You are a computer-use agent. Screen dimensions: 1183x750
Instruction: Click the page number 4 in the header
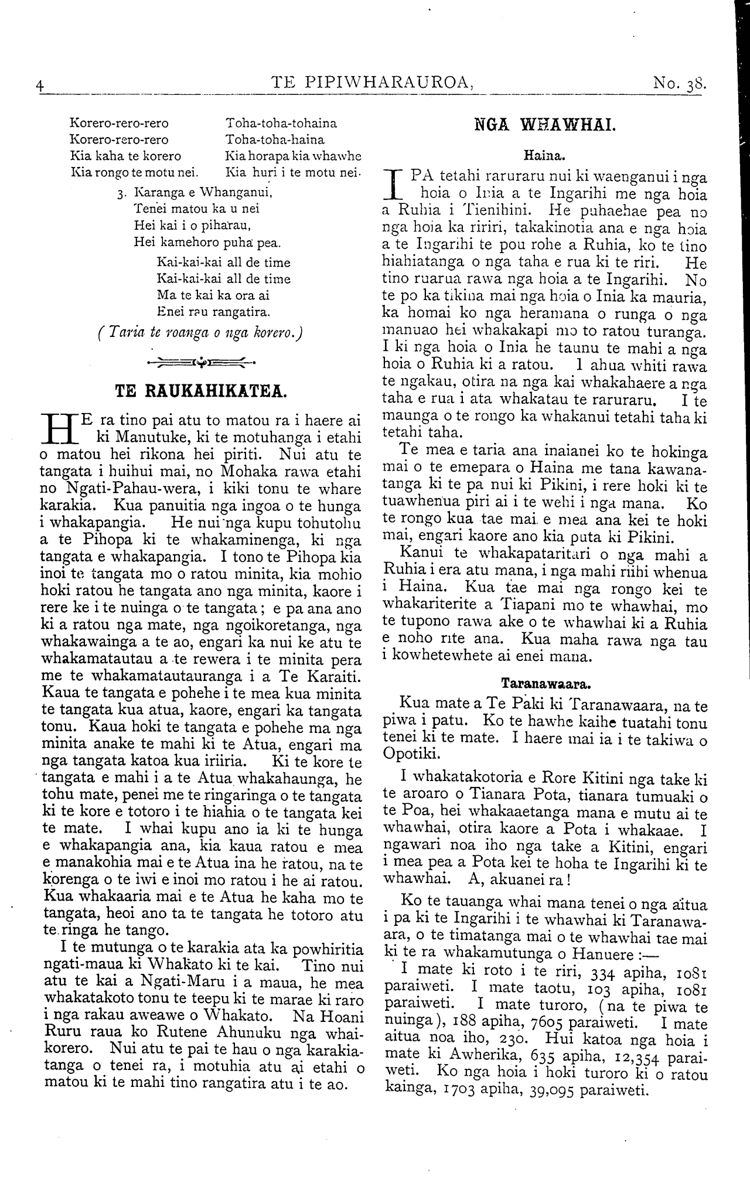[x=40, y=84]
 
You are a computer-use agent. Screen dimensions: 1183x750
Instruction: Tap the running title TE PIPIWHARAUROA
[x=373, y=83]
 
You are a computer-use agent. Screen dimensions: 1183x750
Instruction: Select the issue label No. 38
[x=680, y=83]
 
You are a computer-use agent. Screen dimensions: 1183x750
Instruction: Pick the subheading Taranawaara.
[x=545, y=683]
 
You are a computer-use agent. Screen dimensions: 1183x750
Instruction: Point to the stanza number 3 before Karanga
[x=120, y=193]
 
